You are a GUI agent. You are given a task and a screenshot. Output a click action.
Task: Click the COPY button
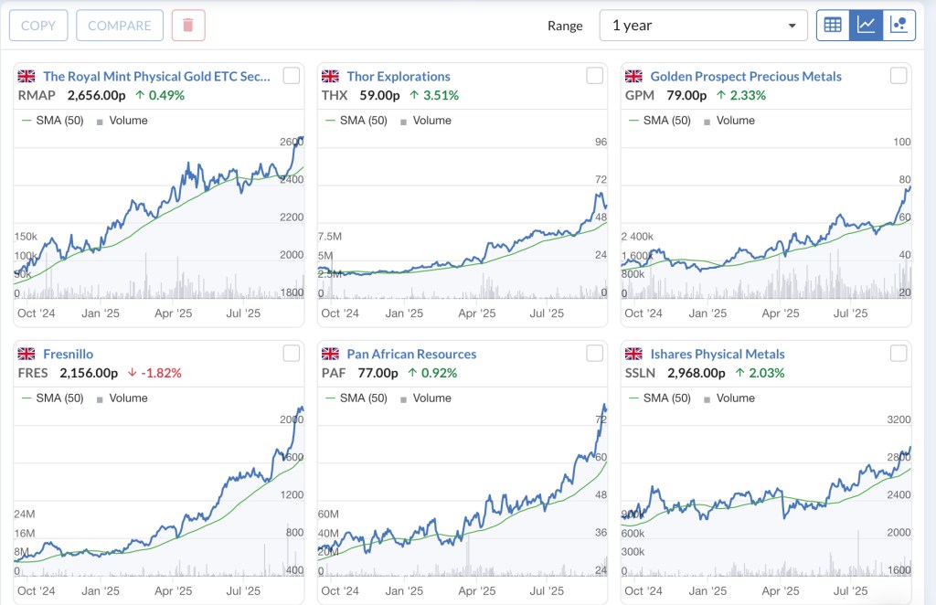38,26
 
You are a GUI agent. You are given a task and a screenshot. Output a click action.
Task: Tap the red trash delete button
188,26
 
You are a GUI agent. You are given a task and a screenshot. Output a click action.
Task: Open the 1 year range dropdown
703,26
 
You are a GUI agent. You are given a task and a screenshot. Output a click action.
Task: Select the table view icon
833,26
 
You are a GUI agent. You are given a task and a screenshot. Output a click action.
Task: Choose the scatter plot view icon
899,26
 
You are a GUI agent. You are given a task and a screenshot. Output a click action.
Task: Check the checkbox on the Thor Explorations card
594,76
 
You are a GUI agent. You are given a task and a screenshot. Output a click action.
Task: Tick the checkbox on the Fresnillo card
291,354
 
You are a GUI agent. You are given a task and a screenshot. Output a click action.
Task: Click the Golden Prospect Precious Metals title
745,76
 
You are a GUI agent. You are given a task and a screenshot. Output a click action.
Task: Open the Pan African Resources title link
411,354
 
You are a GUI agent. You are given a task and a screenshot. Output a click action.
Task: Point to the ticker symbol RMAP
37,95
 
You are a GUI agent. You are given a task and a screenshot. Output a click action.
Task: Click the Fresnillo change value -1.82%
160,373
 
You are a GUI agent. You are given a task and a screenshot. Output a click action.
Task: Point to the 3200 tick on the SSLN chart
899,419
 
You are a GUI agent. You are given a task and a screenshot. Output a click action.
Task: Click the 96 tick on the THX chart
601,142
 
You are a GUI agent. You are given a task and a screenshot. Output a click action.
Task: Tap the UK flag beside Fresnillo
27,354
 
